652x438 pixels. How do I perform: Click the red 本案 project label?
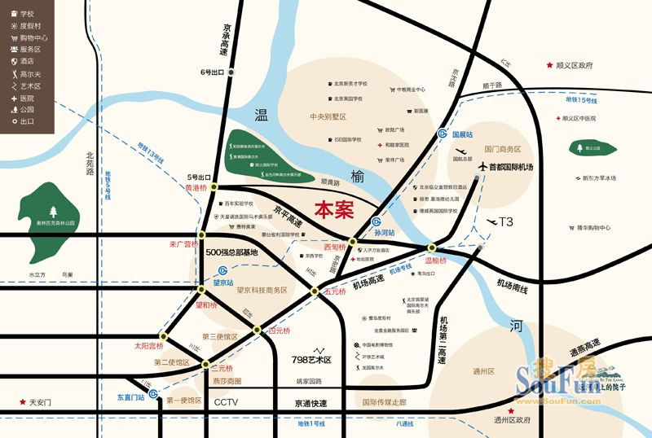pos(334,209)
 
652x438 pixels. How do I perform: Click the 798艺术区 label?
pos(311,359)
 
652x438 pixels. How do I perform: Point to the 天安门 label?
pos(40,402)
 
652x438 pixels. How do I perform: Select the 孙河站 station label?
pos(383,233)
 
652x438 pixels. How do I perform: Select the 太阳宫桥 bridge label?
pos(149,345)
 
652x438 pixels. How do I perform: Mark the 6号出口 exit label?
pos(211,72)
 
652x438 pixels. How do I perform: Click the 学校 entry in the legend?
pos(27,14)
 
